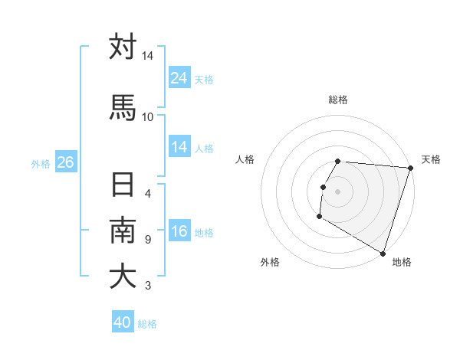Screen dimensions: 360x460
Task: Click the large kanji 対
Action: point(123,47)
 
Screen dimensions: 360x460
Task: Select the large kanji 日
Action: point(123,185)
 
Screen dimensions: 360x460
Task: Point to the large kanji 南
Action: point(123,231)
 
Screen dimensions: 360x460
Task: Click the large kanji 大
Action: point(123,277)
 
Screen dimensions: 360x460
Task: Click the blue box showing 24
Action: point(179,78)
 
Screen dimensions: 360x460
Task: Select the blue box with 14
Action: point(179,147)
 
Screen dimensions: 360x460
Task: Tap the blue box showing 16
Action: point(179,231)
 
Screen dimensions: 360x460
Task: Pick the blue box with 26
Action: point(65,162)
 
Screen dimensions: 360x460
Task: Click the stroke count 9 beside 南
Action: point(147,239)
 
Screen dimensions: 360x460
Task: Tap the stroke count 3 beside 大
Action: point(147,286)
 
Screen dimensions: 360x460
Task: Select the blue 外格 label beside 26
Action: point(41,163)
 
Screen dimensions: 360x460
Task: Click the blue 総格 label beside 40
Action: point(147,323)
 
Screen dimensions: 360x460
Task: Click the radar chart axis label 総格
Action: point(338,100)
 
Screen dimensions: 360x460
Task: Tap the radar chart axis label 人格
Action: point(245,159)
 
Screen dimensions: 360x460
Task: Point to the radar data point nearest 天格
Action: point(410,168)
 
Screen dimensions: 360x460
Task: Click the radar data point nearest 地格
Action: point(382,253)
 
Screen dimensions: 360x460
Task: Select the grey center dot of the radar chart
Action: point(338,191)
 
